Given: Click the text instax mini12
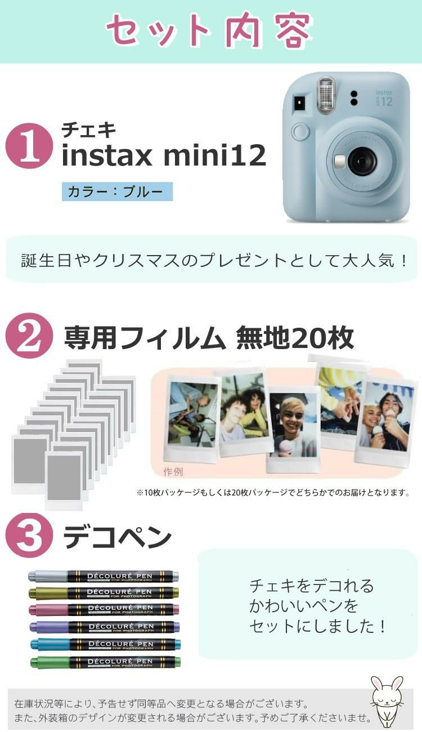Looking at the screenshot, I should tap(163, 155).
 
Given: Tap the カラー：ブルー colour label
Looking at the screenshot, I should tap(117, 192).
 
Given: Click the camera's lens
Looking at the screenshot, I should tap(361, 162).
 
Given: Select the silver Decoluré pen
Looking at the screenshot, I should tap(104, 576).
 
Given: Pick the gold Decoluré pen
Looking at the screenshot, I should tap(104, 592).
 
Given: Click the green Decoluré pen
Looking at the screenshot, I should tap(104, 662).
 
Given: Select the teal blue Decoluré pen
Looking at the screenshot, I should tap(104, 644).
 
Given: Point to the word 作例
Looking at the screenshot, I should tap(173, 471).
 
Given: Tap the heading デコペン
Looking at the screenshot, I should tap(117, 537).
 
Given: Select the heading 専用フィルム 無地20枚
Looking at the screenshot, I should tap(208, 338).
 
